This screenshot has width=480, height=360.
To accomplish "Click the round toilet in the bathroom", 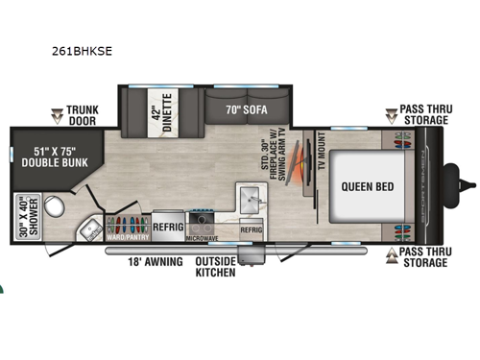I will click(x=56, y=204).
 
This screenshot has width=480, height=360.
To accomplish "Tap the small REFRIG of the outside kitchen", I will click(x=251, y=230).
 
